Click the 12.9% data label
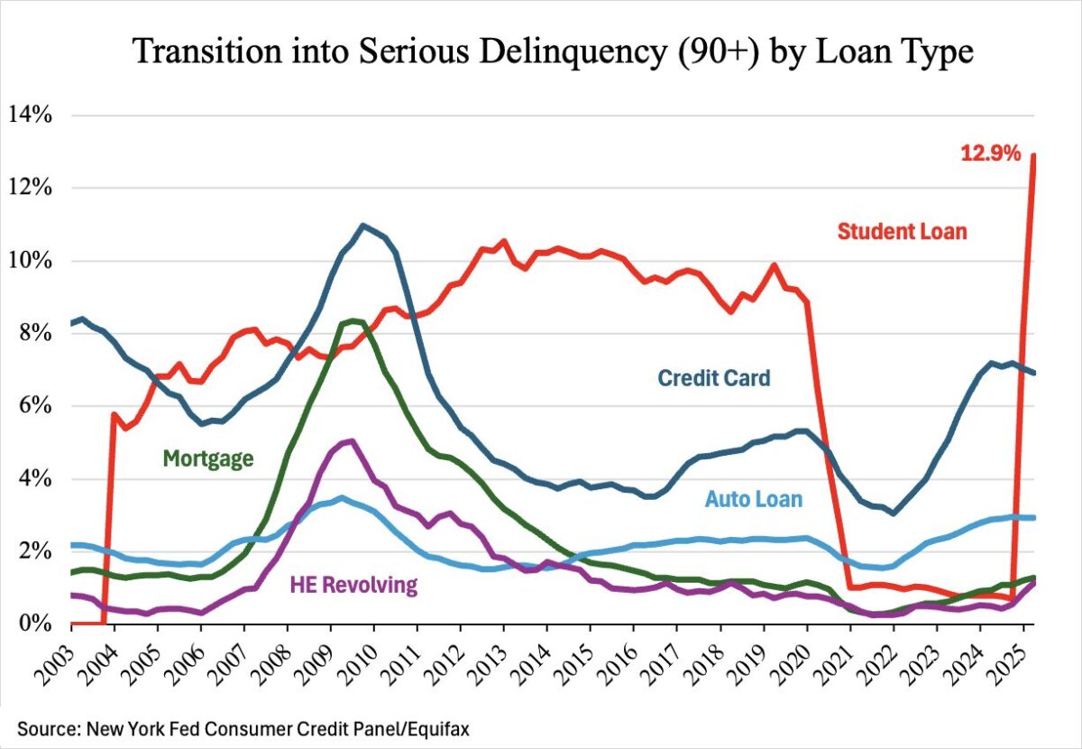click(990, 153)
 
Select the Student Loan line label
click(902, 231)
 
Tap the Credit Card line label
click(714, 377)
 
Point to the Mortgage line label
click(208, 458)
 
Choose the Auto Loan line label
click(753, 498)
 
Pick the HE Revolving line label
click(353, 585)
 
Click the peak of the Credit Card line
click(362, 226)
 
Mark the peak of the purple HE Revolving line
click(351, 441)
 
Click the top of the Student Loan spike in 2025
click(1033, 155)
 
